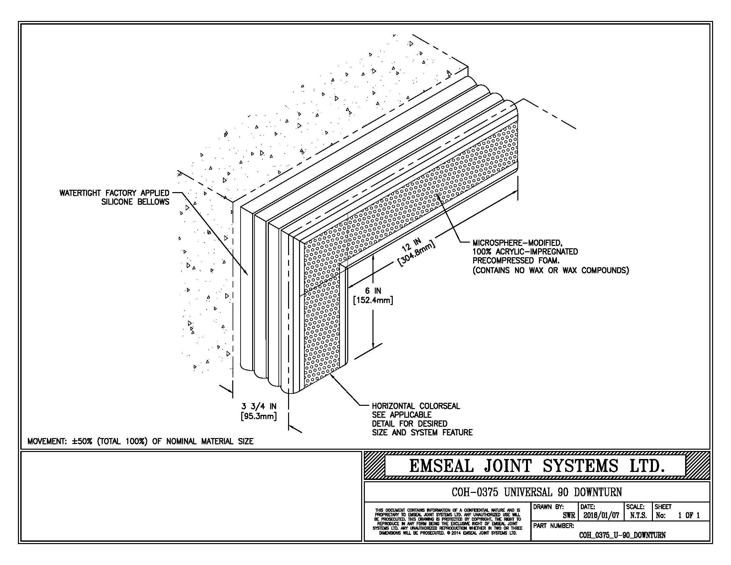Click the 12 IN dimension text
(x=411, y=245)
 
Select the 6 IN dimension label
(x=373, y=290)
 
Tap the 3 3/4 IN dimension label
(x=259, y=406)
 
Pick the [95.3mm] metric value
(x=259, y=416)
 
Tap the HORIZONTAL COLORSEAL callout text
(x=416, y=406)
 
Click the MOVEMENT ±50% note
(x=140, y=441)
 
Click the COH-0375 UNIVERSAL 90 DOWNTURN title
(x=537, y=492)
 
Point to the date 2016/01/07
(x=601, y=515)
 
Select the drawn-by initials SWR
(x=569, y=516)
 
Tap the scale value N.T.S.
(x=638, y=515)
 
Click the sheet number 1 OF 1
(x=688, y=515)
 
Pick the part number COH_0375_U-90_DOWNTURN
(x=622, y=535)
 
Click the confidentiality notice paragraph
(x=447, y=521)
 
